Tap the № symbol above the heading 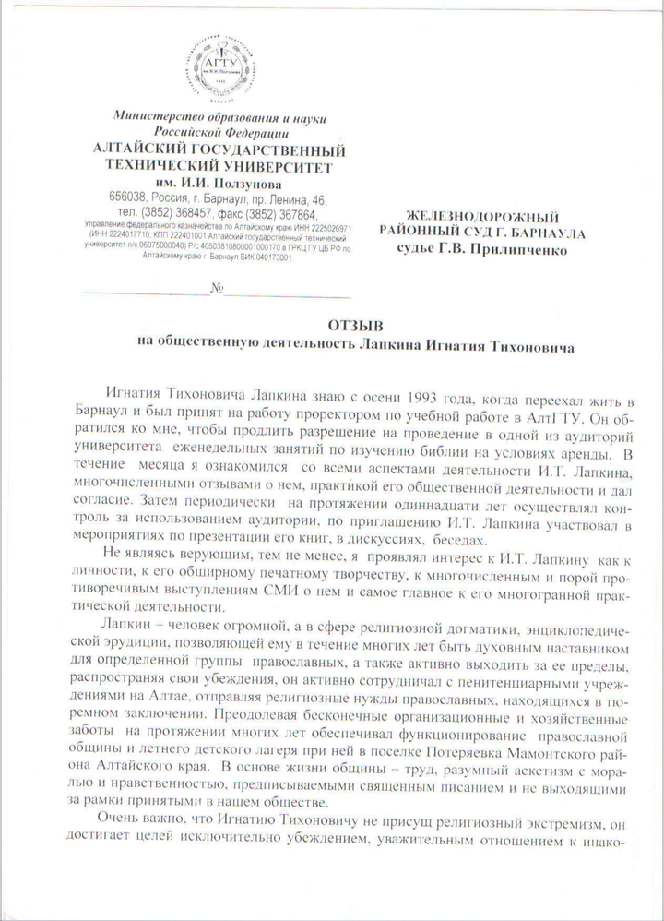pyautogui.click(x=218, y=289)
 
